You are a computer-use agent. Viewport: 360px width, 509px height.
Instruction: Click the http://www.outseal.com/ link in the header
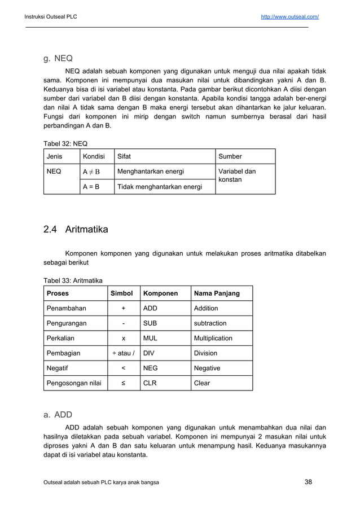click(289, 17)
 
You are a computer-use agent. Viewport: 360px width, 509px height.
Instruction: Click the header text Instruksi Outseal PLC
click(50, 17)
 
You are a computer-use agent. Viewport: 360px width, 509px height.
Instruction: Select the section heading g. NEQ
click(58, 58)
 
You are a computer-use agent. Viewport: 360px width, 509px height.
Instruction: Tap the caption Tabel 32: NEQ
click(65, 143)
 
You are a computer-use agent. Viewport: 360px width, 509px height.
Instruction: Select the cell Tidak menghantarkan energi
click(159, 186)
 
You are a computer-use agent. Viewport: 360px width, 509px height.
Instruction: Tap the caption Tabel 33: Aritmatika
click(73, 280)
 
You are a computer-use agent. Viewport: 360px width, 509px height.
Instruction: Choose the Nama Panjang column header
click(217, 293)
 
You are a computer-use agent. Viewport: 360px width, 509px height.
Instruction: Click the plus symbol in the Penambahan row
click(124, 309)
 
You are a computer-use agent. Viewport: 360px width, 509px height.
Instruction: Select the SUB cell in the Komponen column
click(150, 323)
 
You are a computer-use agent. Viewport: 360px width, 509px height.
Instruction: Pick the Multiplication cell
click(213, 339)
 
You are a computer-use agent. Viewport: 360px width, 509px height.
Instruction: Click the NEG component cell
click(151, 368)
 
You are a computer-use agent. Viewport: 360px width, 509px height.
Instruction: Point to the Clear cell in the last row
click(202, 383)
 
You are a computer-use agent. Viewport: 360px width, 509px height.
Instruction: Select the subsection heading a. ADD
click(58, 415)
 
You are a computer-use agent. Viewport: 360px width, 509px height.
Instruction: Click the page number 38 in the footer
click(308, 481)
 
